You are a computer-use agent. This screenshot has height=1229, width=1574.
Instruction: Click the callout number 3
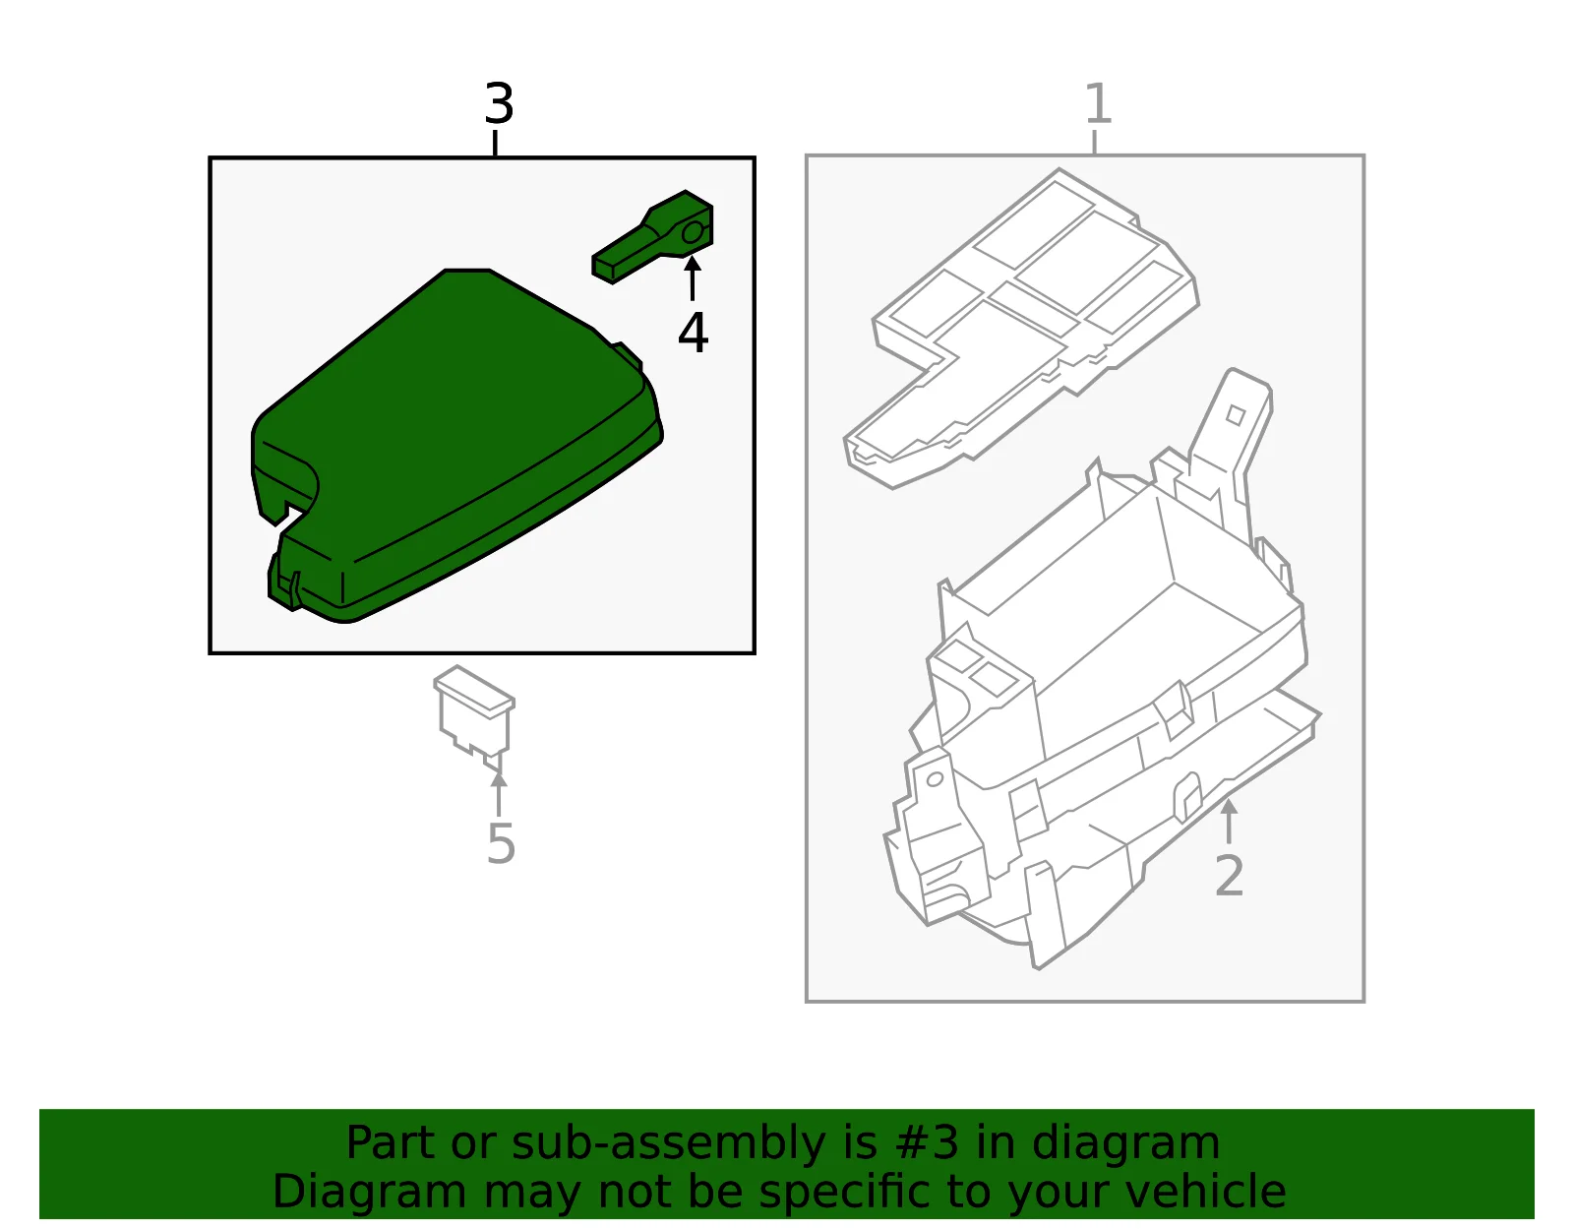(499, 103)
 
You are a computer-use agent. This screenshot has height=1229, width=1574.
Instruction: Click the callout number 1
(1098, 103)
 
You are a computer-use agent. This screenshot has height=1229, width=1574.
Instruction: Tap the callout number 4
(694, 334)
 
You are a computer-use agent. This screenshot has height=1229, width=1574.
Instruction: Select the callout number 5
(501, 843)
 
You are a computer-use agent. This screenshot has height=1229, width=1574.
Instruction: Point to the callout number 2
(1230, 876)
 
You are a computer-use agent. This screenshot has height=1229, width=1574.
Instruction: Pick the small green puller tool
(652, 237)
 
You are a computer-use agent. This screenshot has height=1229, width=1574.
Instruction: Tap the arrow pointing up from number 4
(693, 278)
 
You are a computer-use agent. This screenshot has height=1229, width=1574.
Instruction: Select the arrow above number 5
(499, 794)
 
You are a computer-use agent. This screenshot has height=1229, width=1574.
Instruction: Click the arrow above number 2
(1229, 822)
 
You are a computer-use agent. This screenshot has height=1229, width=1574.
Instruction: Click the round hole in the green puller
(693, 232)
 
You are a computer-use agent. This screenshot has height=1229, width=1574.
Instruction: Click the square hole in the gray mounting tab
(1235, 415)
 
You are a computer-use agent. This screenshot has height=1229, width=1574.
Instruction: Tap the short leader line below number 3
(495, 144)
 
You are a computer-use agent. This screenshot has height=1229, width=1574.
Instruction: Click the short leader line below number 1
(1094, 142)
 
